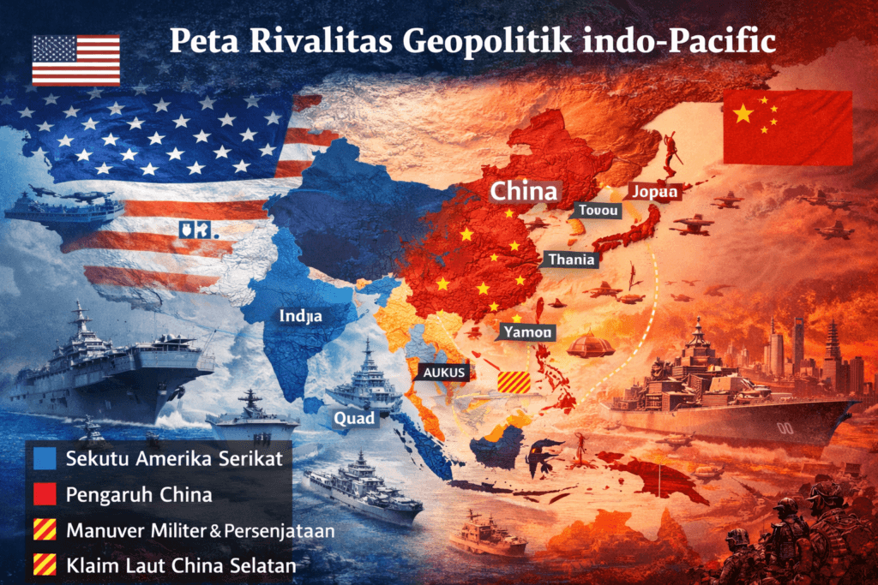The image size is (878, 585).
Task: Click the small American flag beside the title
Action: pos(75,60)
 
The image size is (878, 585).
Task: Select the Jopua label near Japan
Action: pos(655,192)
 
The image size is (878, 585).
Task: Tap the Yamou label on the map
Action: pos(528,331)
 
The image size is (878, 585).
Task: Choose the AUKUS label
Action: pos(442,373)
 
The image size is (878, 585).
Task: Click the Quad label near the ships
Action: pos(353,418)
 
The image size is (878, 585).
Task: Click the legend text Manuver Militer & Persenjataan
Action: pos(200,530)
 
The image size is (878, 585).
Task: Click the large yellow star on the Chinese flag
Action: pos(743,113)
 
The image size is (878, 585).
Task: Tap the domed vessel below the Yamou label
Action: pos(591,343)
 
